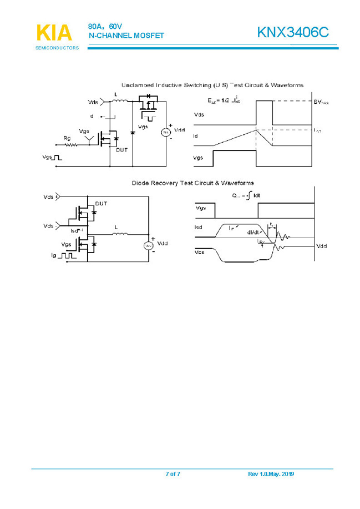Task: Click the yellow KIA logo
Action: coord(54,32)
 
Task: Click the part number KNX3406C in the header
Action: coord(296,33)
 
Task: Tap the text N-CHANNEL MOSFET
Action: coord(126,36)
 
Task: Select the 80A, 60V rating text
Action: coord(105,26)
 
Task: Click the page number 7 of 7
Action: coord(173,473)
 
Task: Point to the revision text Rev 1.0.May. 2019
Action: coord(271,473)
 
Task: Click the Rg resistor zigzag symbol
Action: coord(69,145)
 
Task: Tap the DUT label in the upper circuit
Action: coord(121,149)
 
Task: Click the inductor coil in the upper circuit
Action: coord(120,101)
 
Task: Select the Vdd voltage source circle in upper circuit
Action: coord(164,132)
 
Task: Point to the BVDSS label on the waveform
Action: coord(321,102)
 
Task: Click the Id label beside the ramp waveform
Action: coord(195,135)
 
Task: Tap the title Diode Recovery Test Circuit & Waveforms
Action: coord(192,183)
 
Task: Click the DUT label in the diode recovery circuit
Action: coord(102,204)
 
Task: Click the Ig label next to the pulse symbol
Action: coord(53,256)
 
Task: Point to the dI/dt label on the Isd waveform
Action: coord(255,232)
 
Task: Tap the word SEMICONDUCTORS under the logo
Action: coord(57,48)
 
